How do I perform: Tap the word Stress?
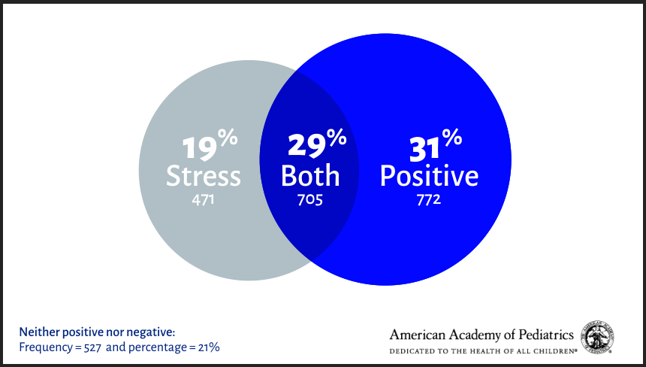[x=204, y=176]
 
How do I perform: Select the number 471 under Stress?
[x=204, y=200]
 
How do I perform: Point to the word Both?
[x=310, y=176]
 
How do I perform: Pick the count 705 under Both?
[x=310, y=200]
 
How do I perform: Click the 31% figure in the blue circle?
[x=434, y=145]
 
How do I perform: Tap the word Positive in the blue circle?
[x=429, y=176]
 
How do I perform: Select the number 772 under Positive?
[x=429, y=200]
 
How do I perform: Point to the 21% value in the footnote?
[x=209, y=347]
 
